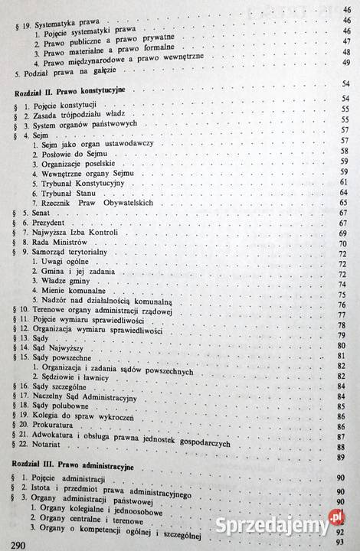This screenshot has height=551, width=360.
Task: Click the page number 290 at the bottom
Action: coord(15,543)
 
